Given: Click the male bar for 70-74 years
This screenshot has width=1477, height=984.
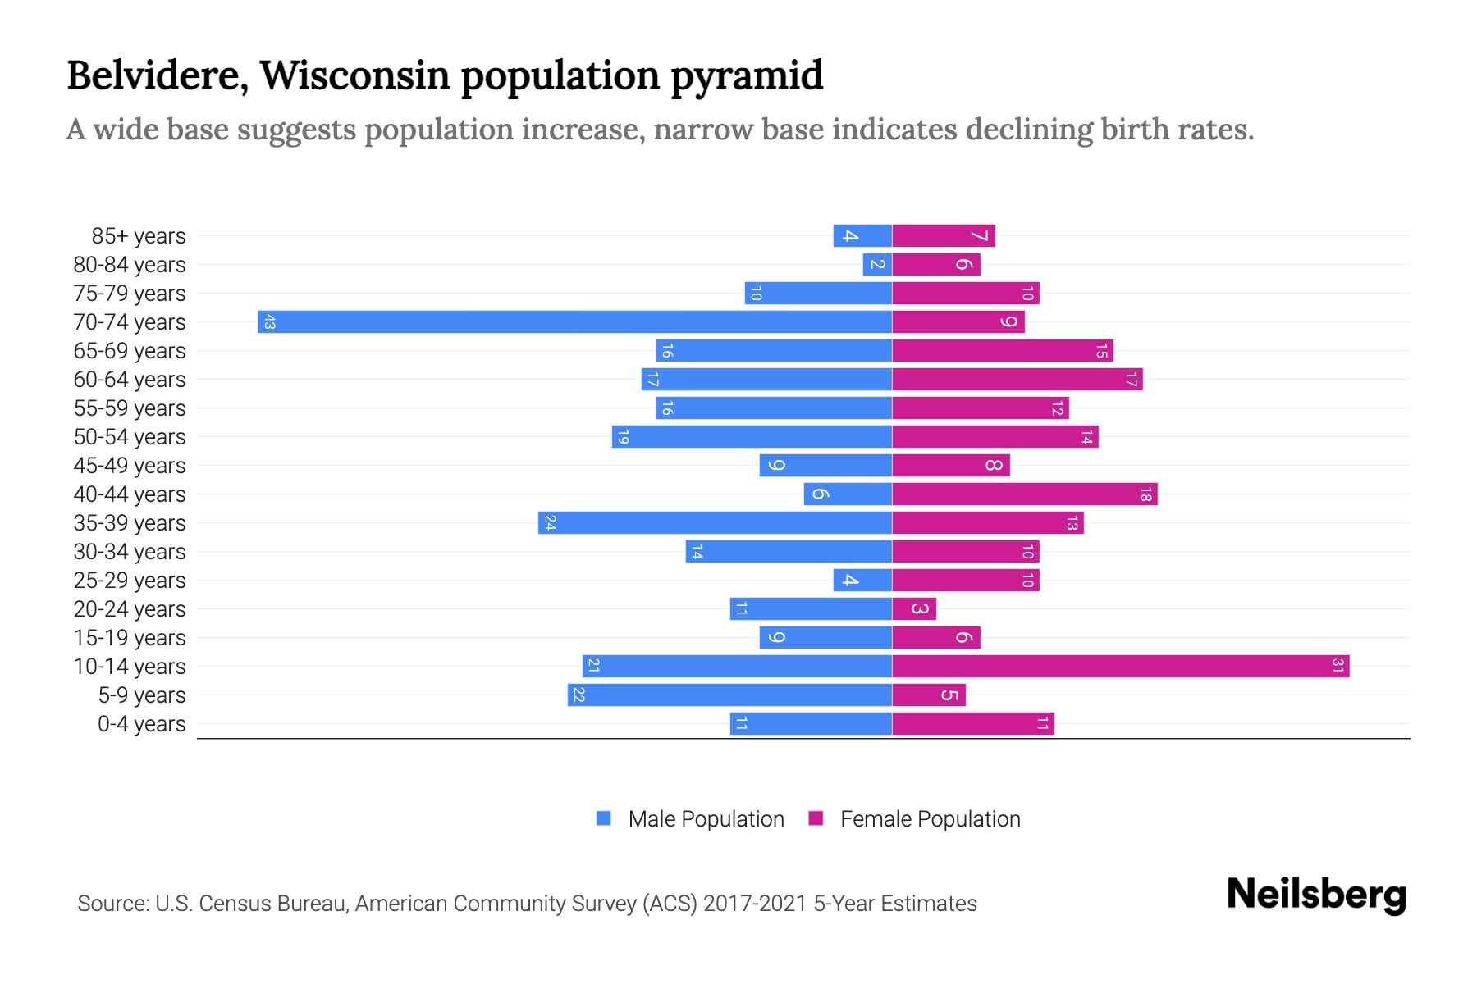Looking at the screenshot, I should coord(574,321).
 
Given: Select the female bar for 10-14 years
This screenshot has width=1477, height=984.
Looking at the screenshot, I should coord(1120,666).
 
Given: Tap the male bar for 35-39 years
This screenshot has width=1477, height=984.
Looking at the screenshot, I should coord(715,522).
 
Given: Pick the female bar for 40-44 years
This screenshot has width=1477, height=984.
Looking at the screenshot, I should coord(1024,494).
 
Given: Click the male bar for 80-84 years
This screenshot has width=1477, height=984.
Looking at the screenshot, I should coord(877,264).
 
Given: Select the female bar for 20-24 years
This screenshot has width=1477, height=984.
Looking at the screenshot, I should coord(914,608).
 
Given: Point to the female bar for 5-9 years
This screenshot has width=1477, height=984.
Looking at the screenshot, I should coord(929,695).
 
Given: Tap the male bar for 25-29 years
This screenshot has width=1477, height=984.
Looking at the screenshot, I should coord(862,580).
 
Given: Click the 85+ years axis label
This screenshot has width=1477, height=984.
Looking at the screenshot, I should coord(138,236).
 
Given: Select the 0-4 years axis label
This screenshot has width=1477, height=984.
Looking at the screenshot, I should coord(141,724).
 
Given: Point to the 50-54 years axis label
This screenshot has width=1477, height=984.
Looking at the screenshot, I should coord(130,437).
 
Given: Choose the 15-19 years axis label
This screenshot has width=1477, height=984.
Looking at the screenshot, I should coord(130,638).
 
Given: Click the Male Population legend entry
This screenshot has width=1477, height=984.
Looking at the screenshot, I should coord(690,818).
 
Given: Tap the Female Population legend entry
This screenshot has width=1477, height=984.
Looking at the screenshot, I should coord(914,818).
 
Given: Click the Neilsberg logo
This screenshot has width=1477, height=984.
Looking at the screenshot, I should coord(1316,895).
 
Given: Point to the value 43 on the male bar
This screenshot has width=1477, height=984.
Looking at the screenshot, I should coord(269,322).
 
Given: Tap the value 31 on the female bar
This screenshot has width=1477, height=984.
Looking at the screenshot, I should coord(1338,666).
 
